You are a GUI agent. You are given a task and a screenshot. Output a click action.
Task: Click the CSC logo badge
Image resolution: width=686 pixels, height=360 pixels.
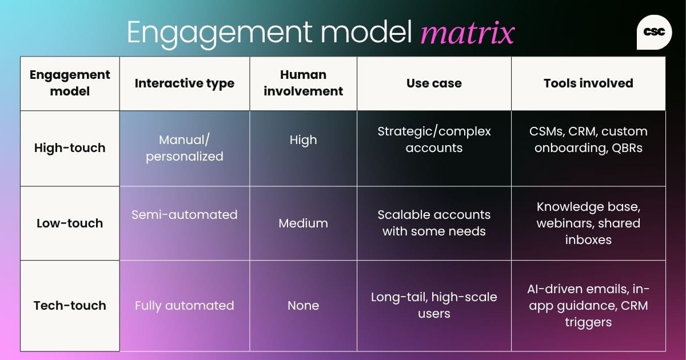(654, 33)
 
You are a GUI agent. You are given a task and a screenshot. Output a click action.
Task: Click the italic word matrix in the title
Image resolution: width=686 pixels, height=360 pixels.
(467, 33)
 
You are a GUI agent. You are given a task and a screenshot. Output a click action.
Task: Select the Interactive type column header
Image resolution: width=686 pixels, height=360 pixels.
(184, 83)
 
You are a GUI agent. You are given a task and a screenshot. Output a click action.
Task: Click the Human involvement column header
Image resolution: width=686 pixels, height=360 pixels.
(303, 83)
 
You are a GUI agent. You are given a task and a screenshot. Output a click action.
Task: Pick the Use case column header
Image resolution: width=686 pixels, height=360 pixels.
(434, 83)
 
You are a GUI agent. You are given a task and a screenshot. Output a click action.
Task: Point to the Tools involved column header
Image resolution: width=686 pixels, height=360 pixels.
(588, 83)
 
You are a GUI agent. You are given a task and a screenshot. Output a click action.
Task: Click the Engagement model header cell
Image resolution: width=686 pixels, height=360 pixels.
(70, 83)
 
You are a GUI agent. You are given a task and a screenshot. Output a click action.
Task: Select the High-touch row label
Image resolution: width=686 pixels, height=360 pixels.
(70, 148)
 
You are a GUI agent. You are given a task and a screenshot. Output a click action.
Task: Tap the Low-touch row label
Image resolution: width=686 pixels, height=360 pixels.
(70, 223)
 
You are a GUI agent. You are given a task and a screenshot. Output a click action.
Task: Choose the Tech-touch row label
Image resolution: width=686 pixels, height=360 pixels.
(70, 305)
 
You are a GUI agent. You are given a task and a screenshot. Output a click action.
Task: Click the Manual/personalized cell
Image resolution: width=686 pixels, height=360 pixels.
(184, 148)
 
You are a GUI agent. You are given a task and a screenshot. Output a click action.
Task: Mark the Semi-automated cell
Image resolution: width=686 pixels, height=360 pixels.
(184, 215)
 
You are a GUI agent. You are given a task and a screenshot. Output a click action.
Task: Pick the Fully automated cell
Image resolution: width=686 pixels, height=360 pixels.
(184, 306)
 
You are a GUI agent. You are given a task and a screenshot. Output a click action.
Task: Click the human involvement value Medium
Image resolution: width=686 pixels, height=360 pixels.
(303, 223)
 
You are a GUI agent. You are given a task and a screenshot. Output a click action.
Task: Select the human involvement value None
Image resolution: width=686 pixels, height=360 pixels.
(303, 306)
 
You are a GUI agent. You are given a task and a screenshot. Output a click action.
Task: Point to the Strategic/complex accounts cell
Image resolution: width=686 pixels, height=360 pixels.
(434, 139)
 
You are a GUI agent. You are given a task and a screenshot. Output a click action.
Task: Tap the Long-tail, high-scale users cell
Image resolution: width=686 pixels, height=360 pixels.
(434, 305)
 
